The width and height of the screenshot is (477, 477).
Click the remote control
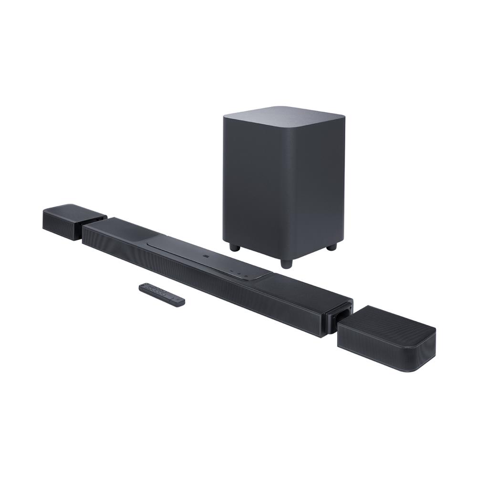[162, 294]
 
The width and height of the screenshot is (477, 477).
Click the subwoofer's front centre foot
[285, 263]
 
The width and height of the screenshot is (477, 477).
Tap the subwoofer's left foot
[233, 247]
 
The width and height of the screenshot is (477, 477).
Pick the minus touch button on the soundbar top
[231, 270]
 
